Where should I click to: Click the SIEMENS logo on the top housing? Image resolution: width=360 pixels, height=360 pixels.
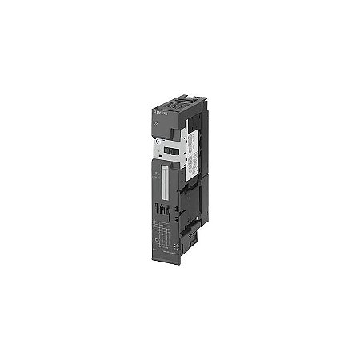157,106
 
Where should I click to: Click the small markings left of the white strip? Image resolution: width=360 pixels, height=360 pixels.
154,172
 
